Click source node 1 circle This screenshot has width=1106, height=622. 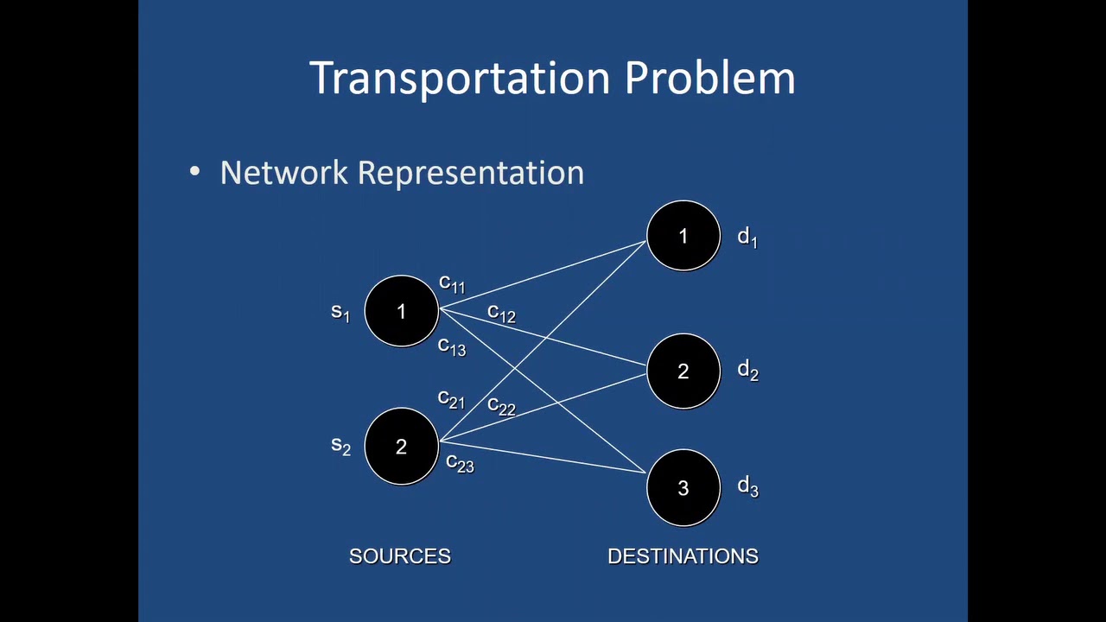[x=401, y=311]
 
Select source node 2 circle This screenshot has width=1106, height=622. [x=401, y=446]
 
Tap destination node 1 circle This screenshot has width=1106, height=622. [x=683, y=236]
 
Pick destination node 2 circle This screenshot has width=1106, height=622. [x=683, y=371]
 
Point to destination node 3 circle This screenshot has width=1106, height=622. [x=683, y=487]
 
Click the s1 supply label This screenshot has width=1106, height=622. [x=340, y=312]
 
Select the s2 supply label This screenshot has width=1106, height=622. [x=340, y=446]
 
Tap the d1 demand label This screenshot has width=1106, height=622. [x=747, y=238]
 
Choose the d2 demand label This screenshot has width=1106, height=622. [x=747, y=371]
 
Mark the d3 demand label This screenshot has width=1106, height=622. [x=747, y=487]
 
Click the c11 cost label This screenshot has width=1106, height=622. [x=452, y=283]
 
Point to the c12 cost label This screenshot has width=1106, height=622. [x=501, y=313]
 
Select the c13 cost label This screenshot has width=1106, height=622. [x=452, y=346]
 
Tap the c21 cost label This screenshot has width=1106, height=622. [x=451, y=399]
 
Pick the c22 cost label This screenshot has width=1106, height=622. [x=501, y=405]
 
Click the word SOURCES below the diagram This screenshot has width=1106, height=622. [x=400, y=556]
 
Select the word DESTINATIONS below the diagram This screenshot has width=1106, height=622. [x=683, y=556]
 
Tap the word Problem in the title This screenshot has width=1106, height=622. [x=709, y=78]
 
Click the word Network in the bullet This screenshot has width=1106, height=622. [x=283, y=172]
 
